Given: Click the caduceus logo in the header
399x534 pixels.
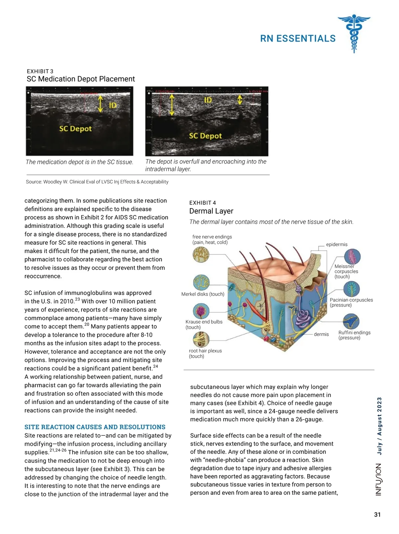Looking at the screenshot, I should click(x=354, y=34).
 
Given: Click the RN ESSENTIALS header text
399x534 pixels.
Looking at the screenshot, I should click(x=298, y=39).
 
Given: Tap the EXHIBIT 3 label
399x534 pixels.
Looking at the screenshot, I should click(x=40, y=71).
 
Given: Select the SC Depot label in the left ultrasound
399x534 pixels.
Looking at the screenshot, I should click(x=75, y=129).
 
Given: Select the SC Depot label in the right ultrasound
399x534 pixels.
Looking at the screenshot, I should click(x=205, y=136).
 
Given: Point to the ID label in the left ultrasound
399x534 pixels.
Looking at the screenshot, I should click(x=113, y=105).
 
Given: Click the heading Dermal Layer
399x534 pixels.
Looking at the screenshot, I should click(x=211, y=211).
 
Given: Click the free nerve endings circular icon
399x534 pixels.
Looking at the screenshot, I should click(x=201, y=255).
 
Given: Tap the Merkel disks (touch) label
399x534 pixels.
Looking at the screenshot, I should click(x=203, y=294).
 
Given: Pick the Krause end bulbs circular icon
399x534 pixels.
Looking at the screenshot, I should click(x=201, y=311).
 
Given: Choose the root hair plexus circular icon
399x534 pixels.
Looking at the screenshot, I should click(x=201, y=339).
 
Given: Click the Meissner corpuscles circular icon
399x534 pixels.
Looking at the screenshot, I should click(x=352, y=256).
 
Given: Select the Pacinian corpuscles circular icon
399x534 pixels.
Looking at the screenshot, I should click(x=351, y=289).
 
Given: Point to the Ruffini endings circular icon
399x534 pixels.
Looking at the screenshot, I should click(x=351, y=322).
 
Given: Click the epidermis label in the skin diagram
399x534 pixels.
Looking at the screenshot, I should click(x=336, y=244).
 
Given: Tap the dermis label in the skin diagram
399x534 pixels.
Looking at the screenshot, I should click(x=321, y=334).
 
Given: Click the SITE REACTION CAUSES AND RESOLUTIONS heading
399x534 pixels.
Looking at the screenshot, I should click(x=95, y=427).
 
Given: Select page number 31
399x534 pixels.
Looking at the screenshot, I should click(x=377, y=515).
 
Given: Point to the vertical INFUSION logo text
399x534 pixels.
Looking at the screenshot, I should click(x=379, y=479).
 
